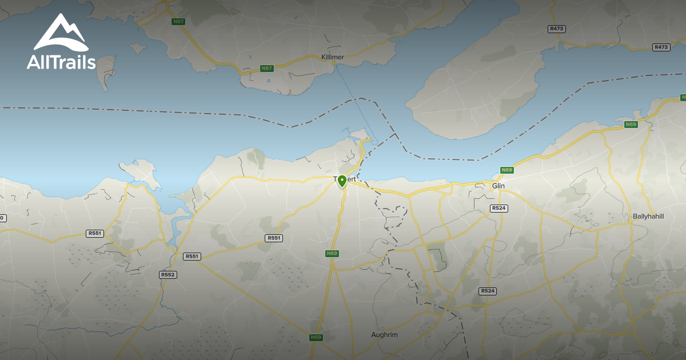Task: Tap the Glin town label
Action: (x=498, y=186)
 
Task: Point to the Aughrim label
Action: (x=384, y=335)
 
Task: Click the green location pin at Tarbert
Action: (x=342, y=181)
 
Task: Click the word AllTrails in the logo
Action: (x=61, y=62)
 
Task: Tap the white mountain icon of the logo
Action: (x=60, y=33)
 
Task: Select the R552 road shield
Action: (x=167, y=275)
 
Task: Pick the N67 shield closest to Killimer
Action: (x=266, y=69)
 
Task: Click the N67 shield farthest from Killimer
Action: (x=178, y=22)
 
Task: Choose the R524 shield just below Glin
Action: (x=499, y=209)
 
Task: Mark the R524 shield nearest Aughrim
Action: (x=488, y=291)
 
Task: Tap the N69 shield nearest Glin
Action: (x=506, y=170)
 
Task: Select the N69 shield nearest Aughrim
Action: (x=316, y=337)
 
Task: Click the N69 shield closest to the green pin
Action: (x=332, y=253)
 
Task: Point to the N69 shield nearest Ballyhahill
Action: (x=631, y=125)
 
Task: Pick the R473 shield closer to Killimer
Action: (x=556, y=29)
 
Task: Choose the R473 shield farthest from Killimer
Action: (x=661, y=47)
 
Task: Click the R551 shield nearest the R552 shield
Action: (x=192, y=257)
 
